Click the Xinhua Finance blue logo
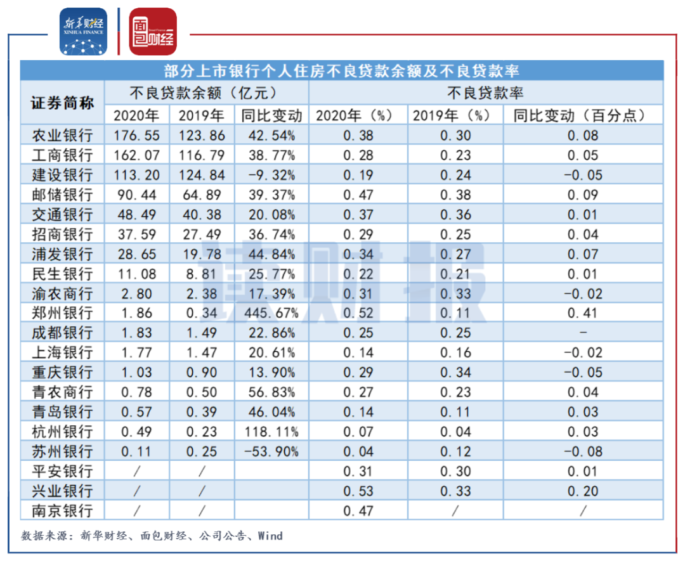point(85,31)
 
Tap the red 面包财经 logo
point(153,31)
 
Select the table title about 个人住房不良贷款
point(342,70)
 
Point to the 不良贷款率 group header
point(485,93)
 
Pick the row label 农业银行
point(62,135)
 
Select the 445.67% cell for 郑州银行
point(271,313)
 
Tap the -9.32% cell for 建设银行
point(271,175)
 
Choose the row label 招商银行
point(62,235)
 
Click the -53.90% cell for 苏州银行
point(271,452)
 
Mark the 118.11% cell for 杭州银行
point(271,432)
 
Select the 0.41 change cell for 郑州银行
point(582,313)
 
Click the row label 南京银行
point(62,511)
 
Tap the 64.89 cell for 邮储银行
point(201,195)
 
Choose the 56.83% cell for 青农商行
point(271,393)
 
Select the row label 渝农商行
point(62,294)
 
